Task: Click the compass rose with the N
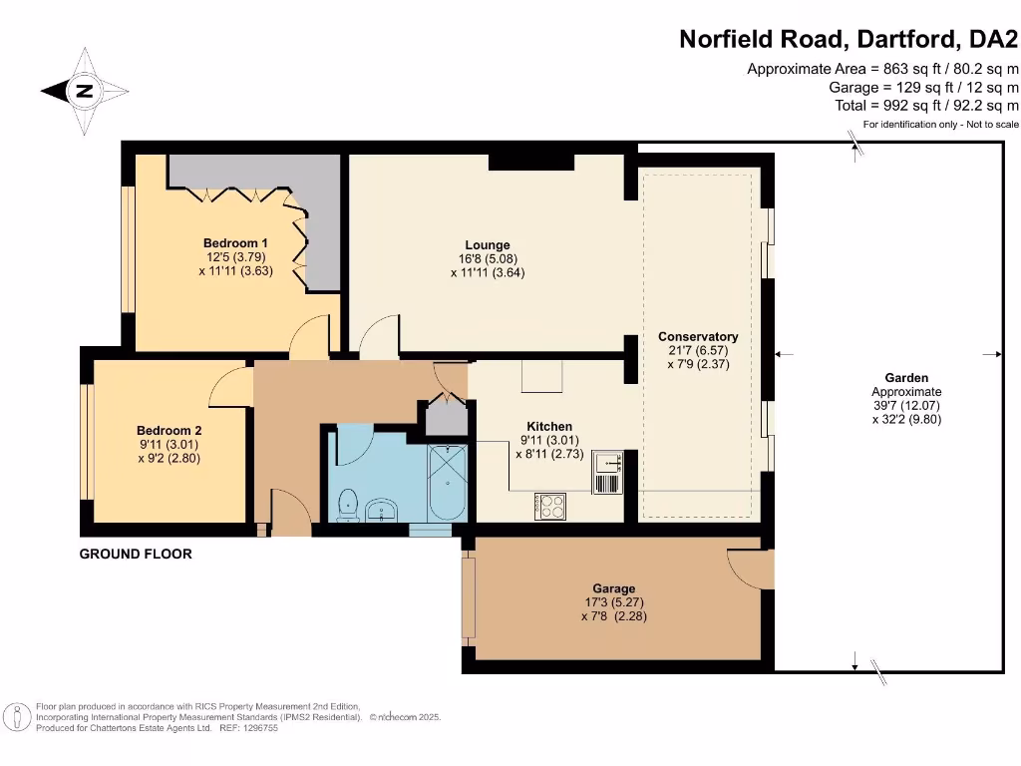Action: point(85,92)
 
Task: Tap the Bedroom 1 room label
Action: point(235,242)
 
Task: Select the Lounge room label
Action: point(487,244)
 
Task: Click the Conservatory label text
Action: point(698,337)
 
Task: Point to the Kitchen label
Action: point(549,427)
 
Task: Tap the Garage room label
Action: point(611,588)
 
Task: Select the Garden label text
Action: point(906,378)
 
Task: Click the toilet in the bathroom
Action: point(348,504)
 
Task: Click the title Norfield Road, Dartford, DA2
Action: point(849,40)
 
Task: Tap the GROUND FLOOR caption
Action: point(136,554)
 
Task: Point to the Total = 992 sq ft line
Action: point(926,105)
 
